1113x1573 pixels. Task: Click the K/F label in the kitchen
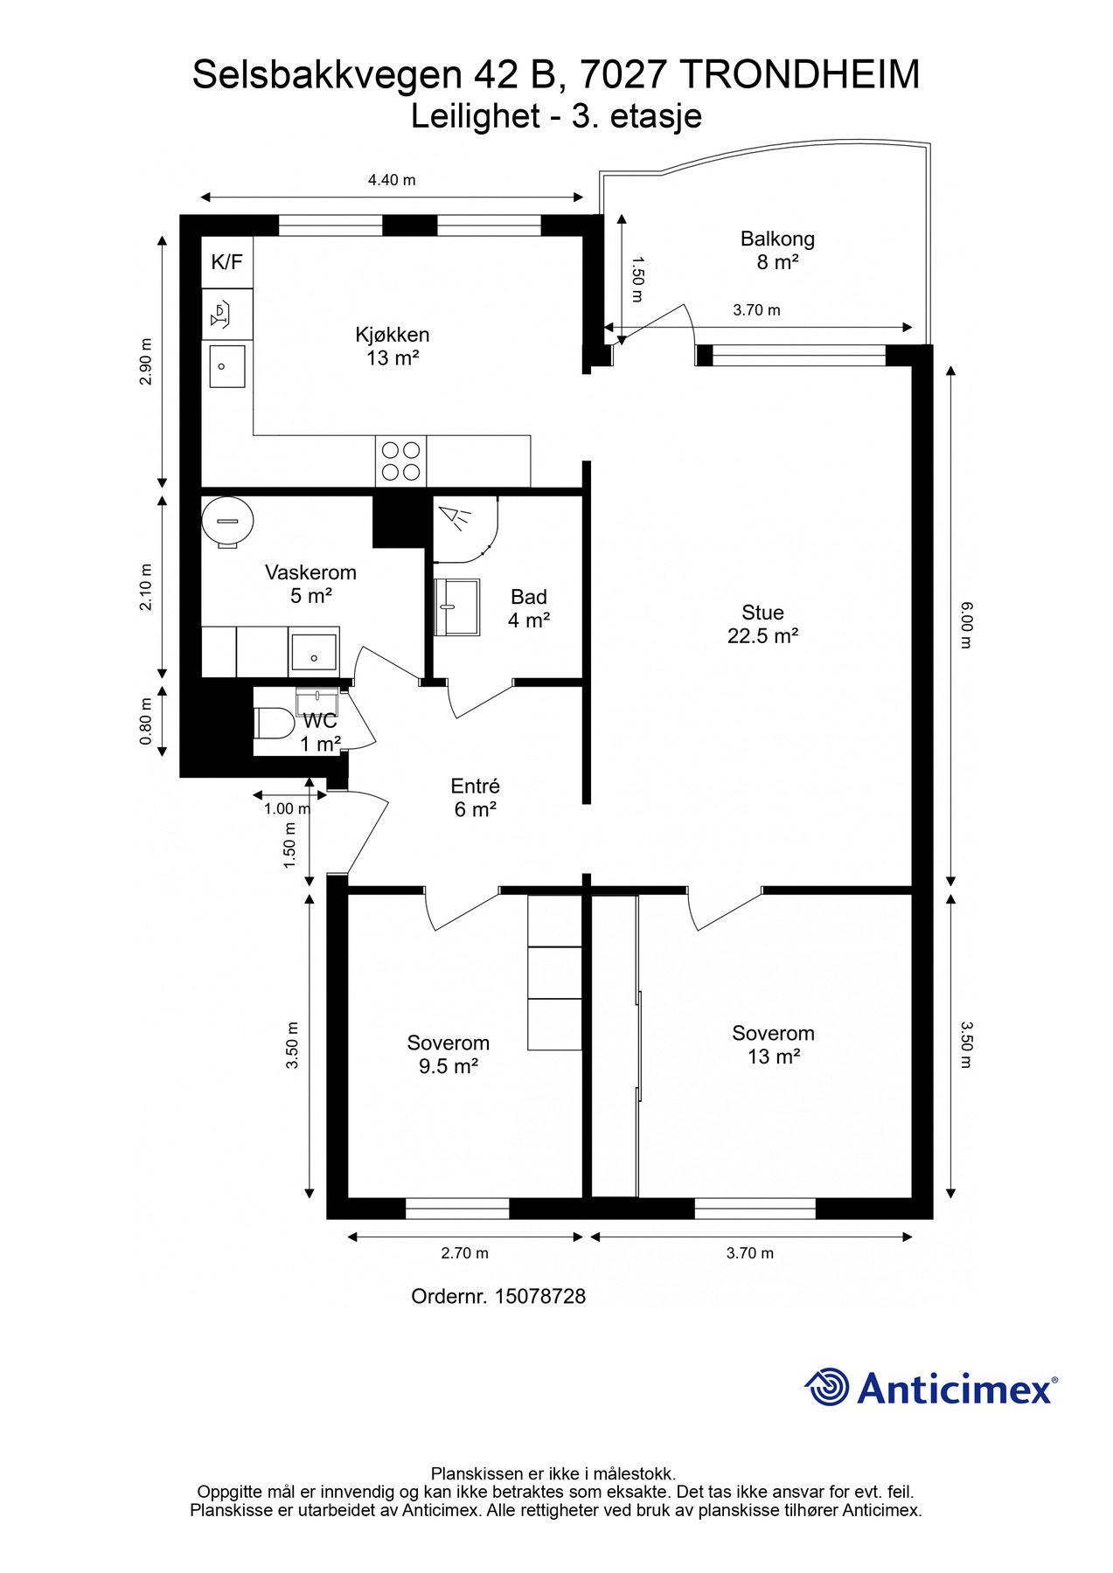pyautogui.click(x=227, y=261)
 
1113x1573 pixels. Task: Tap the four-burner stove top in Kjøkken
pyautogui.click(x=401, y=461)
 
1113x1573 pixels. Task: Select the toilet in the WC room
pyautogui.click(x=274, y=723)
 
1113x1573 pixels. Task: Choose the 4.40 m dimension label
pyautogui.click(x=392, y=180)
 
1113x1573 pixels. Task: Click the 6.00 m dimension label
pyautogui.click(x=965, y=624)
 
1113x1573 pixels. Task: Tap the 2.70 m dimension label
pyautogui.click(x=464, y=1253)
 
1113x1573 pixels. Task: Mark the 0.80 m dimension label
pyautogui.click(x=146, y=721)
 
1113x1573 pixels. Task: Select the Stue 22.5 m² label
pyautogui.click(x=762, y=624)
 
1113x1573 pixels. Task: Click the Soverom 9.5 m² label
pyautogui.click(x=448, y=1054)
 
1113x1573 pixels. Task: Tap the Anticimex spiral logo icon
pyautogui.click(x=827, y=1387)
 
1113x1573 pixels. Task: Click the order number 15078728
pyautogui.click(x=539, y=1296)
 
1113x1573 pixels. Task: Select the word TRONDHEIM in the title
pyautogui.click(x=799, y=75)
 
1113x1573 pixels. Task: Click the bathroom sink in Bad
pyautogui.click(x=457, y=605)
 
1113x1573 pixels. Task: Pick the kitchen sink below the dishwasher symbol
pyautogui.click(x=227, y=365)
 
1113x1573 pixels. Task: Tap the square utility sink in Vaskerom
pyautogui.click(x=314, y=652)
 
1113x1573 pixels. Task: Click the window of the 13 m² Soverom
pyautogui.click(x=755, y=1209)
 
